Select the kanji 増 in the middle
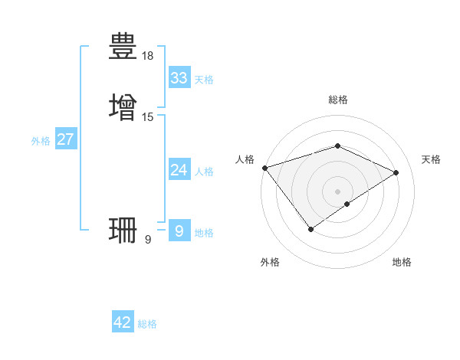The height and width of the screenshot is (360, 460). pos(123,106)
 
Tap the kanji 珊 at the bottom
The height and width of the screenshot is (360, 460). pos(123,229)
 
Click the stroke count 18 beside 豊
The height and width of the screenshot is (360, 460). pos(148,56)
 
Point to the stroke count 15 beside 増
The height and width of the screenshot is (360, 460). pos(148,117)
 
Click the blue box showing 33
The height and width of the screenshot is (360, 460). pos(179,78)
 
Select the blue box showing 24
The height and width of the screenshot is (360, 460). pos(179,170)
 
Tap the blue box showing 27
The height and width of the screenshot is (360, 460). pos(65,139)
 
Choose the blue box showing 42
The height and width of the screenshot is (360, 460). pos(122,322)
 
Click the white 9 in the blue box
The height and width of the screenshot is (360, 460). pos(179,231)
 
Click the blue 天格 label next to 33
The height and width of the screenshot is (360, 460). pos(204,80)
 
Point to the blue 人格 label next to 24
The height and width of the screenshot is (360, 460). pos(204,172)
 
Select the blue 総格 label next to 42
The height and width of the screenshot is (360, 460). pos(147,324)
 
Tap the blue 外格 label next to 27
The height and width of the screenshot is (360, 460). pos(41,141)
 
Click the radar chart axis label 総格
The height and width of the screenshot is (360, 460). pos(338,100)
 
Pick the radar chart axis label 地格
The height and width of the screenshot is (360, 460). pos(402,262)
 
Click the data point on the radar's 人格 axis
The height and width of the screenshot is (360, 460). pos(264,167)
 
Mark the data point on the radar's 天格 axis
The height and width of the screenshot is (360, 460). pos(396,172)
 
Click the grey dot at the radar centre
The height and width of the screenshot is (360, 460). pos(338,191)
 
